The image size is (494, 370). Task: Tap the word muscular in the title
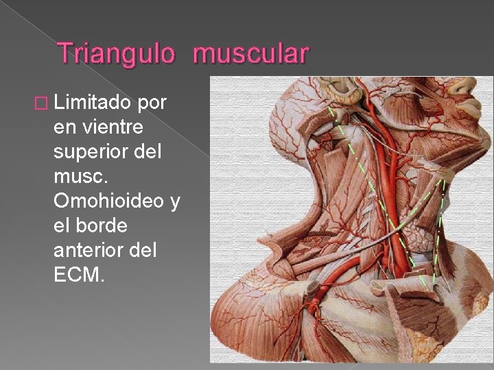coord(251,53)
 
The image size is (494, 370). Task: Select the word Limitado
coord(93,102)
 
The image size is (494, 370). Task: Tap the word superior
coord(91,151)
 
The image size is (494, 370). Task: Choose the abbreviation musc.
coord(81,176)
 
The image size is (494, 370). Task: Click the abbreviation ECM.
coord(78,275)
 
